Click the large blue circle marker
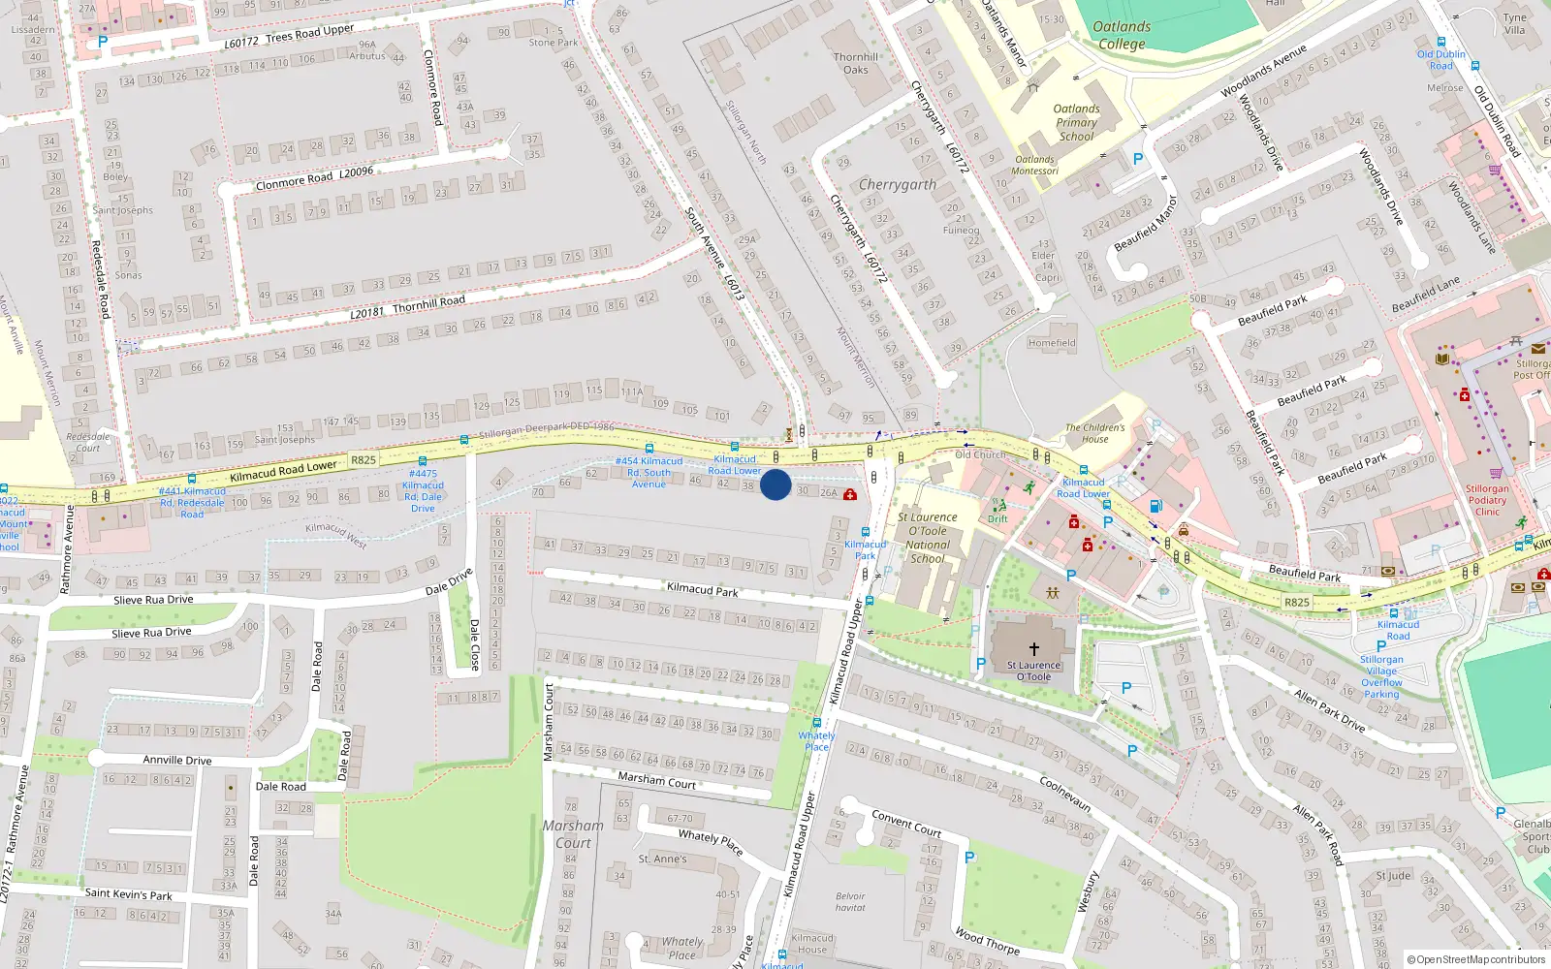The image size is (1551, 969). tap(775, 484)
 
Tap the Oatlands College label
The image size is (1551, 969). tap(1122, 35)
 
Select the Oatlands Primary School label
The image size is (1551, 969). tap(1076, 123)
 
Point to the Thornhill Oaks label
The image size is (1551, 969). tap(856, 63)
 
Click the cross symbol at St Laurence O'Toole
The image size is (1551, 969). tap(1033, 649)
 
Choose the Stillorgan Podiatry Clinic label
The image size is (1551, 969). tap(1487, 500)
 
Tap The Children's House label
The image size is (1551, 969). tap(1095, 433)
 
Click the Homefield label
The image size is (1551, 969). tap(1052, 343)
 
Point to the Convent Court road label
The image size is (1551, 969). tap(906, 824)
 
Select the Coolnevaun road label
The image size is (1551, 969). tap(1065, 794)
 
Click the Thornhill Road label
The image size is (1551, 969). tap(428, 303)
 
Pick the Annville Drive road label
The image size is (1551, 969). tap(177, 761)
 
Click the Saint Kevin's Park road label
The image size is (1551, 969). tap(128, 894)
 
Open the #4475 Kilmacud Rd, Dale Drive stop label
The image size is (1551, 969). tap(423, 491)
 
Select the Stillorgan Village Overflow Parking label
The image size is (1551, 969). tap(1381, 676)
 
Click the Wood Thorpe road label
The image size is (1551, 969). tap(987, 941)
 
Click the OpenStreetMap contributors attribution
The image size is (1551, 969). tap(1476, 960)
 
